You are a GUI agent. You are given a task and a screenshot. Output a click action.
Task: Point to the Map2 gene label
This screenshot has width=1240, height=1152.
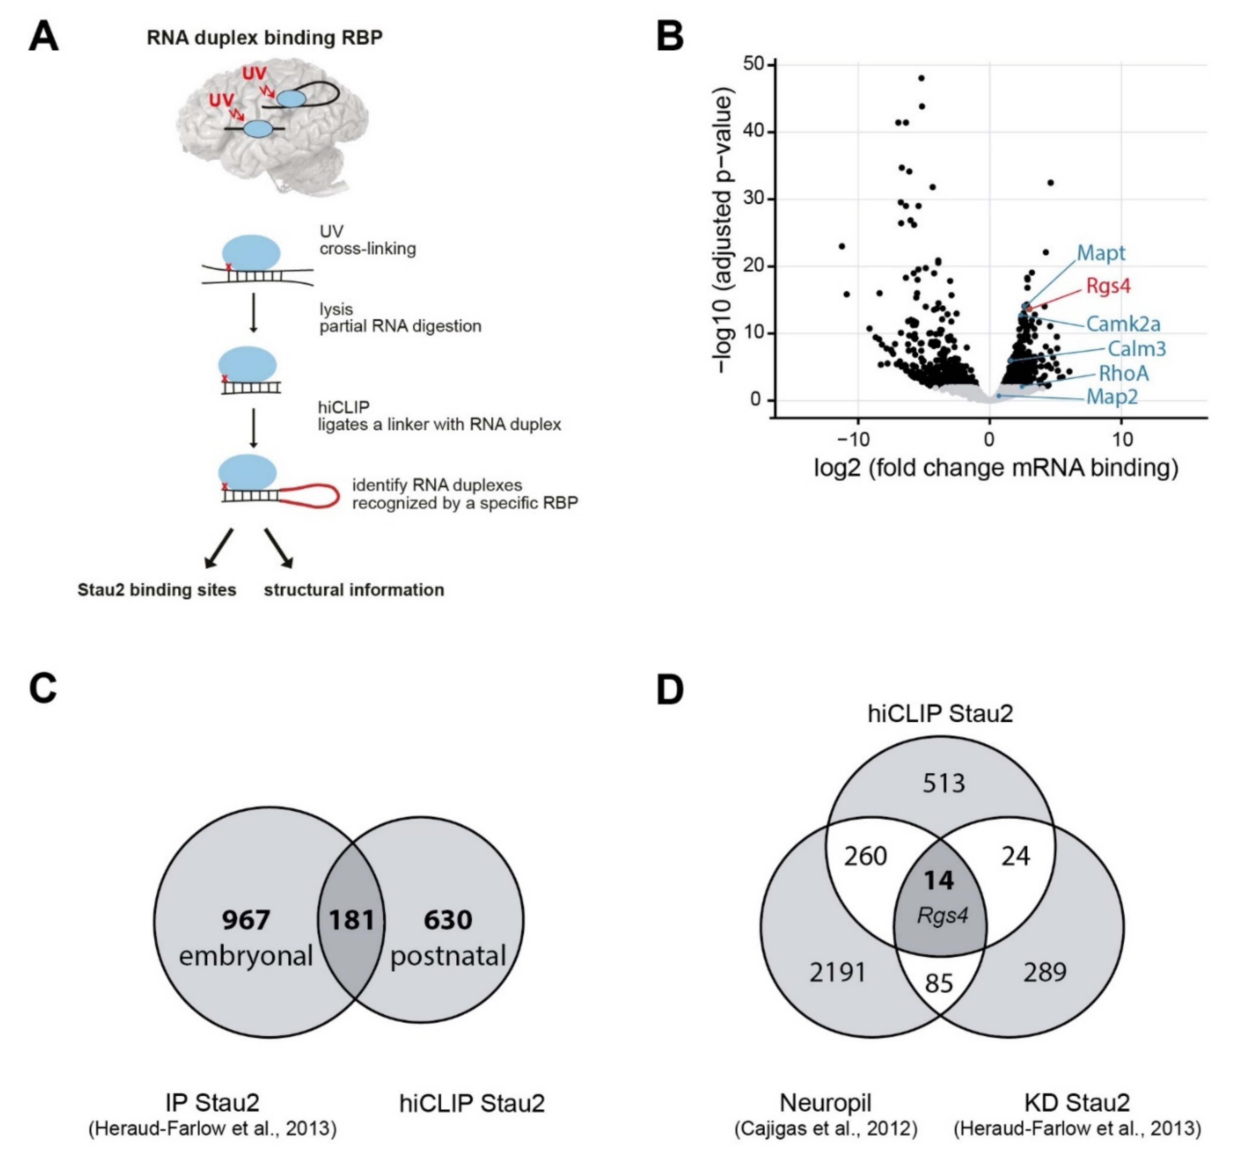[x=1112, y=397]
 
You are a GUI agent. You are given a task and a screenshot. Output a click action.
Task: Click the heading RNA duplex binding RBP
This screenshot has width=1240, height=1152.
[x=264, y=38]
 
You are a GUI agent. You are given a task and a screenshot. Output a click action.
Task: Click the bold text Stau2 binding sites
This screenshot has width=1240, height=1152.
[x=156, y=590]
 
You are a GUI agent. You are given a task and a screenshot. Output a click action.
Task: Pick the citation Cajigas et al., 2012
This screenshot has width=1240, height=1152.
[x=825, y=1128]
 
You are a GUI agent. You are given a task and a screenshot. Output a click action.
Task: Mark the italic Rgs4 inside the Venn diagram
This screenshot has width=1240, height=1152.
[x=942, y=915]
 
